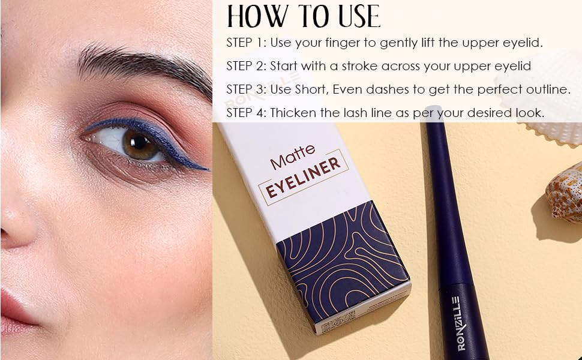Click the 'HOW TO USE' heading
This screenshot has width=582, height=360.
click(303, 16)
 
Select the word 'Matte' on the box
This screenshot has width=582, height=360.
click(289, 161)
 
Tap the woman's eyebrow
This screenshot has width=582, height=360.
click(138, 65)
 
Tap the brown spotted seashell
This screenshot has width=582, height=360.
click(565, 192)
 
